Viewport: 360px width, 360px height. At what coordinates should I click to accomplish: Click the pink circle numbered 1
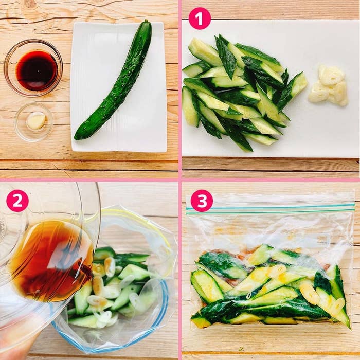200,19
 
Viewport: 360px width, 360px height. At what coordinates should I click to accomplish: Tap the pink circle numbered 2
17,201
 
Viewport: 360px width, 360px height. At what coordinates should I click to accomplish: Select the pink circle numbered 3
202,201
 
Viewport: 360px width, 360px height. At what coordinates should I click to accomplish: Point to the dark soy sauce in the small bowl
37,70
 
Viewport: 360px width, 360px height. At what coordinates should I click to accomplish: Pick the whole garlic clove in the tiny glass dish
36,121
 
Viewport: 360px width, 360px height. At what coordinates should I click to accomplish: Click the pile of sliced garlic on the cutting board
328,86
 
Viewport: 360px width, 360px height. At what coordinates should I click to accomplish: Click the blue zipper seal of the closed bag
271,208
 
